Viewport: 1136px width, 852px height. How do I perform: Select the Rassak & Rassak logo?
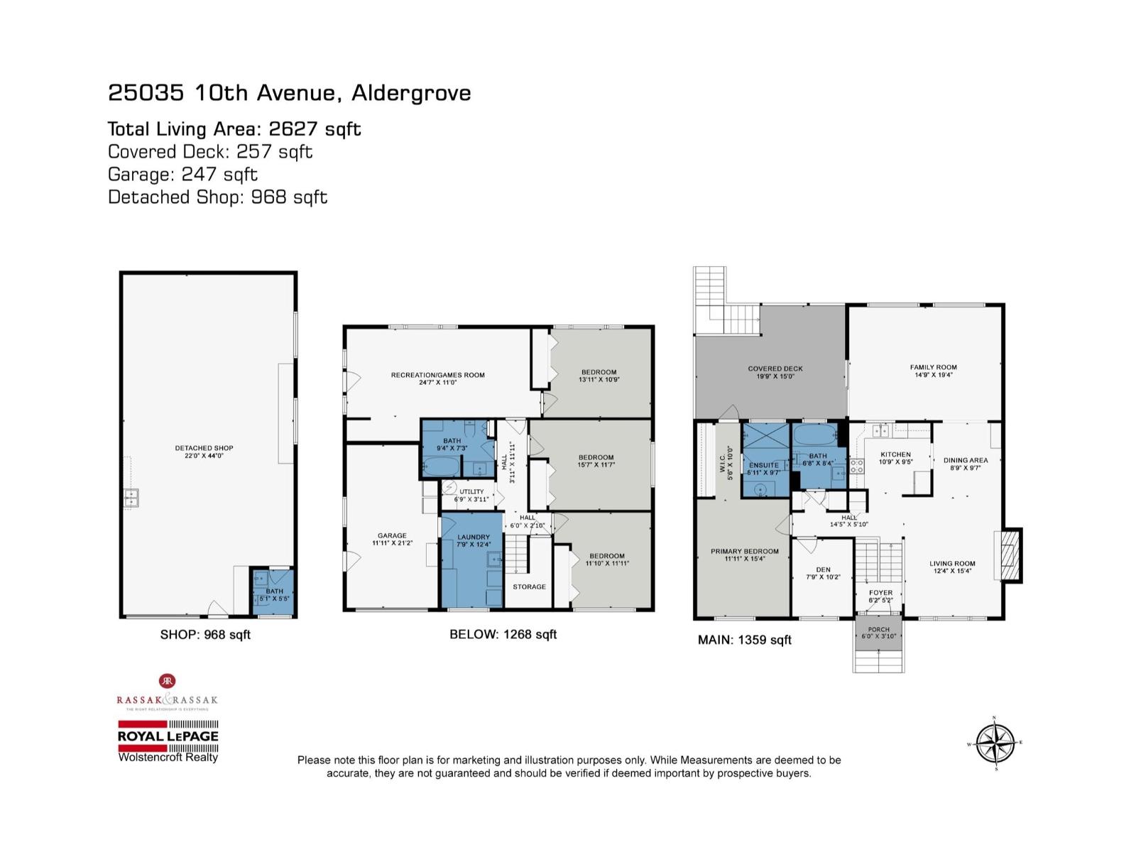click(168, 693)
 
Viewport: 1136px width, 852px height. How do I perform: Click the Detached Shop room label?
click(204, 448)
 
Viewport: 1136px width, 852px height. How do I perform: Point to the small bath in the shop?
click(273, 592)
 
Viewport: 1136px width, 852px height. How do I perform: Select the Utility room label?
click(471, 491)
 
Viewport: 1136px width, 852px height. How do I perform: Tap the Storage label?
click(530, 586)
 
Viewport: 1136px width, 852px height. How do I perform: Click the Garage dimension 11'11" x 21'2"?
click(392, 543)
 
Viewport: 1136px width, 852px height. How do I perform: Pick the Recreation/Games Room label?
click(437, 375)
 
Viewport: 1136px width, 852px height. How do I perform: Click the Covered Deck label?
click(775, 368)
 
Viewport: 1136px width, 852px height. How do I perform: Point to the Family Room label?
click(934, 367)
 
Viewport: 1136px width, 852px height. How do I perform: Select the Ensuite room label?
click(764, 465)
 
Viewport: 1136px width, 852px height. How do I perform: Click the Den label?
click(823, 569)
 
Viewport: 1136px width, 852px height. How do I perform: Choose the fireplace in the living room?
click(1007, 556)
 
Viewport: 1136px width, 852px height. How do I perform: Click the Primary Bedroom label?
click(745, 551)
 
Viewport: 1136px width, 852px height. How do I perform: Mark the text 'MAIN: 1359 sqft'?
click(744, 640)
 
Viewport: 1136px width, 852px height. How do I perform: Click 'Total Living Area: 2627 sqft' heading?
click(234, 129)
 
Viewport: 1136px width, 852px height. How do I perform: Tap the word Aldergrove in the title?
click(412, 93)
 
